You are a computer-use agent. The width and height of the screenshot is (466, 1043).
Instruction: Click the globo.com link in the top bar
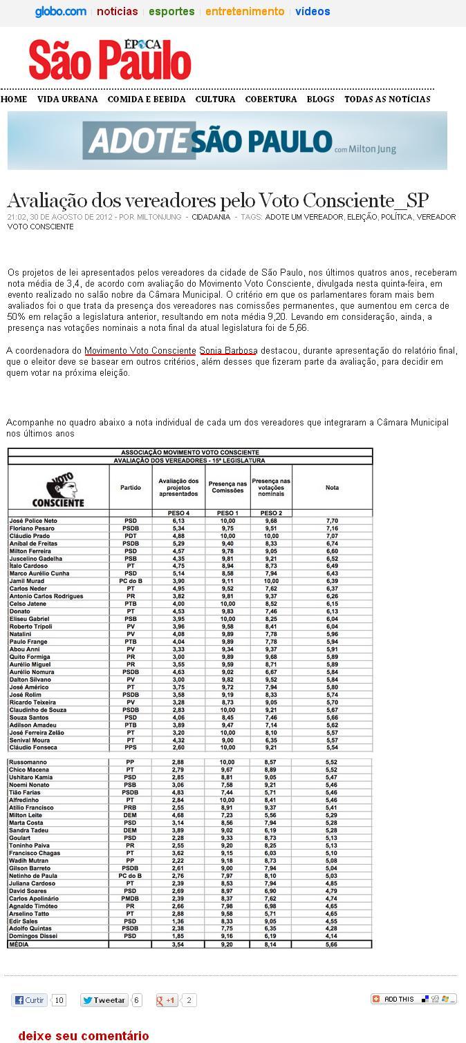61,12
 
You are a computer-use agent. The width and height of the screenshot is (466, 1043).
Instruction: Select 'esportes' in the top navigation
171,12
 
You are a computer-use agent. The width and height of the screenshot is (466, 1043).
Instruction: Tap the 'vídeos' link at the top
313,12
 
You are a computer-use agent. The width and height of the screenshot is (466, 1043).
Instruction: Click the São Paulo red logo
110,61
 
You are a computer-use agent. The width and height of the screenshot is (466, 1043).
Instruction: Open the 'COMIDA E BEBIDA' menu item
147,99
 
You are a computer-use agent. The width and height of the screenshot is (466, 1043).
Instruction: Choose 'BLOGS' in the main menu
320,99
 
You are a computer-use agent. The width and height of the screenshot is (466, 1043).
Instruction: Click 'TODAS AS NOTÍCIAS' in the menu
387,99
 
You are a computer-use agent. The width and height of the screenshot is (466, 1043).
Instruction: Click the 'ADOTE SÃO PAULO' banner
227,140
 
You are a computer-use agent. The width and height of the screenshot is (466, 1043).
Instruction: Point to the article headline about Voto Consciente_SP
218,200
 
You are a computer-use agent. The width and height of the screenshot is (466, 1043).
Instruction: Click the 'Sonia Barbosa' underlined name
227,351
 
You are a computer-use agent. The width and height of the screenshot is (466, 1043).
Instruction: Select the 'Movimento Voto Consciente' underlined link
140,351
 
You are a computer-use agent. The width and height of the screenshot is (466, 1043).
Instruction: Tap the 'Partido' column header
130,488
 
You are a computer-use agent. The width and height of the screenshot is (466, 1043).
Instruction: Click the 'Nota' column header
332,488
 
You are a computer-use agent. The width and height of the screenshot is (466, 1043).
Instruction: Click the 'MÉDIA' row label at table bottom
19,944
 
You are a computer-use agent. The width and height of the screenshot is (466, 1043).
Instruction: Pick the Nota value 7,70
332,520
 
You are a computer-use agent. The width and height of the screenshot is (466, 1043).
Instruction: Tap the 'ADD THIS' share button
413,999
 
